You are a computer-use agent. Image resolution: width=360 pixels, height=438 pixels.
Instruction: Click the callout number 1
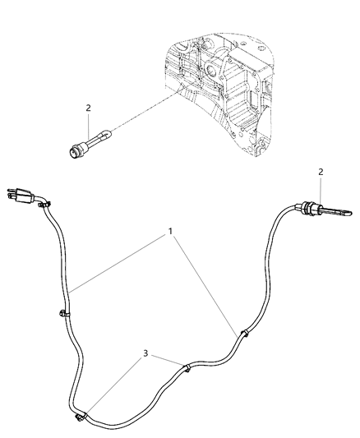(170, 231)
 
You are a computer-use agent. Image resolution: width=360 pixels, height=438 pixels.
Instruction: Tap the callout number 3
(145, 353)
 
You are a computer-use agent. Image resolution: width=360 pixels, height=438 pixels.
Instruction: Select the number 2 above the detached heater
(88, 108)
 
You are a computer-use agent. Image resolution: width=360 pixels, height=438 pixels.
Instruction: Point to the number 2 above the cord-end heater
(321, 172)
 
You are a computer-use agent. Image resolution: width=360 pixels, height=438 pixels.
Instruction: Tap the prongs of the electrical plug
(12, 194)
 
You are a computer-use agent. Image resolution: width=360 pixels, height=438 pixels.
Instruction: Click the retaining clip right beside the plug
(44, 204)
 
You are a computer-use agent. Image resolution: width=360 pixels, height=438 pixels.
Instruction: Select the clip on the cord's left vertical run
(64, 314)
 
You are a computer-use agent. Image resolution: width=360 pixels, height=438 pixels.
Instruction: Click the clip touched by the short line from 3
(187, 367)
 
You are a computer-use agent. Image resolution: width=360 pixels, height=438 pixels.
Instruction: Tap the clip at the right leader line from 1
(244, 334)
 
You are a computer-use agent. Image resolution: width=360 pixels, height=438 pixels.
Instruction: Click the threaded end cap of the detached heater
(75, 151)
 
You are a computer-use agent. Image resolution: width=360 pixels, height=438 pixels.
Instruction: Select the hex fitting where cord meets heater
(307, 210)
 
